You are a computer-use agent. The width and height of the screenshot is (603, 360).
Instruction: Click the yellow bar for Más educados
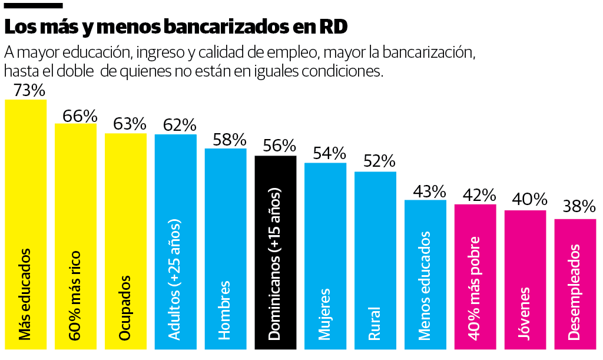25,177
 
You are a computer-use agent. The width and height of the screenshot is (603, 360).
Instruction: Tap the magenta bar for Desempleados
575,236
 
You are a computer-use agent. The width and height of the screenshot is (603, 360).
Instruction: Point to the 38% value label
579,207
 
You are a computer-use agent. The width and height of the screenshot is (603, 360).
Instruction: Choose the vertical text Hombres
224,310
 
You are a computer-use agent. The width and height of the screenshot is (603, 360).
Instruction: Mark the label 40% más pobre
475,288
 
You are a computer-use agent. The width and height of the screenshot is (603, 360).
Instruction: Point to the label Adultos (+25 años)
175,279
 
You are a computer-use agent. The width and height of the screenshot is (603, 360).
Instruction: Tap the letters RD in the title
333,27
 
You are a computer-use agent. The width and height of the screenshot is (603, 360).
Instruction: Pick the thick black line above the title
33,5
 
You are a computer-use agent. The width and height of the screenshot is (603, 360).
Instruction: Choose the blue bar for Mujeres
325,236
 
